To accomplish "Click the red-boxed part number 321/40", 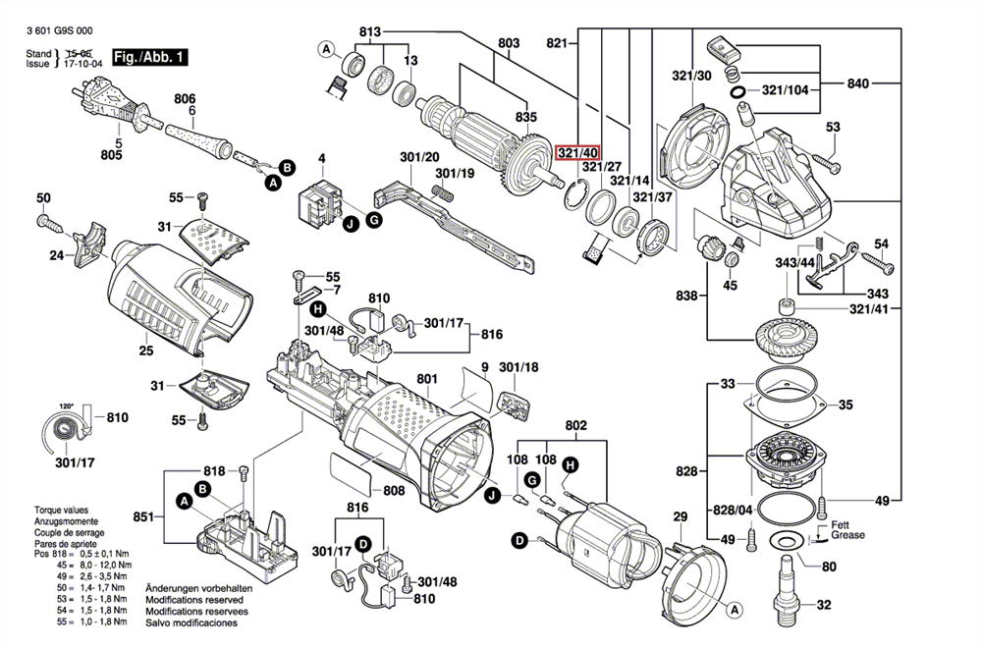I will click(x=577, y=153).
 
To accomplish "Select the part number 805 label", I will click(x=112, y=153).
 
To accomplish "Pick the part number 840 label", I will click(x=856, y=84).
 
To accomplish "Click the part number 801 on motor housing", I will click(x=426, y=379).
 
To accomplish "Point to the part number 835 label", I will click(x=526, y=119).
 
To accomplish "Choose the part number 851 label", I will click(x=143, y=517).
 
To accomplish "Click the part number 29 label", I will click(x=679, y=517).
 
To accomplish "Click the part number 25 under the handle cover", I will click(x=145, y=351).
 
